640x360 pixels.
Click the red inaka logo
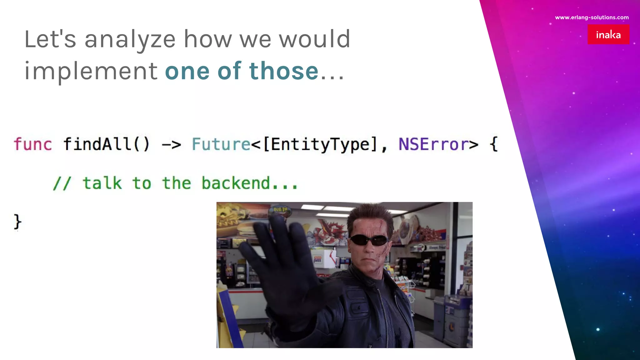click(x=608, y=34)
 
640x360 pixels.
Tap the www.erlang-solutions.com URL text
click(x=592, y=17)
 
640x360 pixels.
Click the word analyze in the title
click(x=130, y=39)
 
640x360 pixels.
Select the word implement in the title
click(x=91, y=71)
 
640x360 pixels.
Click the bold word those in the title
click(x=284, y=71)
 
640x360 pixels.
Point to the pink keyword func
click(x=33, y=144)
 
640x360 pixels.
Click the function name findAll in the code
click(x=97, y=144)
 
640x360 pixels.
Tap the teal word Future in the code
click(x=221, y=144)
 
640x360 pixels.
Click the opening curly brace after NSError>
click(x=494, y=144)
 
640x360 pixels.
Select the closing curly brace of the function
click(x=17, y=222)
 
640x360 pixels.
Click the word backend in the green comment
click(x=236, y=183)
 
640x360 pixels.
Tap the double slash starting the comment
click(x=62, y=183)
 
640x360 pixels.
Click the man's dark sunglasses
click(x=369, y=240)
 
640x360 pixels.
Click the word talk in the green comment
click(x=102, y=183)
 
